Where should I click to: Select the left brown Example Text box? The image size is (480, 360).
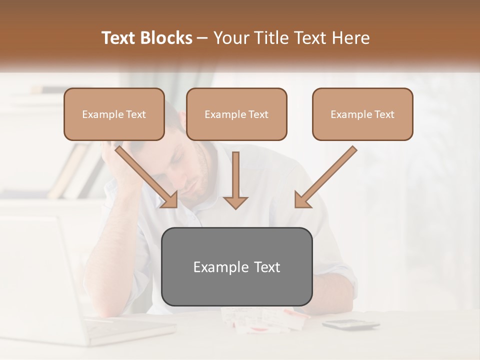[x=114, y=114]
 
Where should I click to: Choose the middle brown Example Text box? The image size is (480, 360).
[x=236, y=114]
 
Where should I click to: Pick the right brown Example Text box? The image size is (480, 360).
[x=362, y=114]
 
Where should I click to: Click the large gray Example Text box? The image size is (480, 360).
[x=237, y=267]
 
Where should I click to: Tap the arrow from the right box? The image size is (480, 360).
[x=325, y=177]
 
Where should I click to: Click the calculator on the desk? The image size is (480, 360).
[x=350, y=324]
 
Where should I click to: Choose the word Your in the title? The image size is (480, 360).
[x=230, y=38]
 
